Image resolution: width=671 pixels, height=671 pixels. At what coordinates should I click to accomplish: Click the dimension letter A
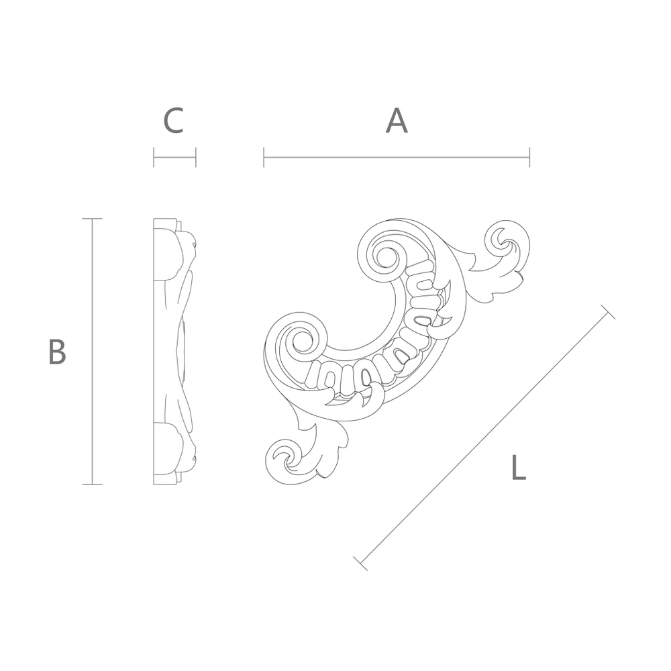pyautogui.click(x=397, y=121)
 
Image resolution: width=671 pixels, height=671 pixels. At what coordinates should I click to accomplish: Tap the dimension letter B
pyautogui.click(x=57, y=352)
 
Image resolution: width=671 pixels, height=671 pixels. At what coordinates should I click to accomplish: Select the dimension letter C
pyautogui.click(x=174, y=121)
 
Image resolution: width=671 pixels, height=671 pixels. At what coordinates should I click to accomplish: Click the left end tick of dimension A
pyautogui.click(x=264, y=157)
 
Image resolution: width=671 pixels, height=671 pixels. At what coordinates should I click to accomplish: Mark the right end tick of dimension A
pyautogui.click(x=530, y=157)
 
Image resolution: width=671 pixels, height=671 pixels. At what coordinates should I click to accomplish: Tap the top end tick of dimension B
pyautogui.click(x=92, y=219)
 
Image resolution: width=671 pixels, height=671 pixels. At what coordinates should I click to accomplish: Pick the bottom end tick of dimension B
pyautogui.click(x=92, y=484)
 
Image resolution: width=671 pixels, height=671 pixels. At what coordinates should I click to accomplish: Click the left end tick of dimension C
pyautogui.click(x=154, y=157)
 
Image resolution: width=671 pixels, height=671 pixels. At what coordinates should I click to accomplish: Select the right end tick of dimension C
pyautogui.click(x=195, y=157)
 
